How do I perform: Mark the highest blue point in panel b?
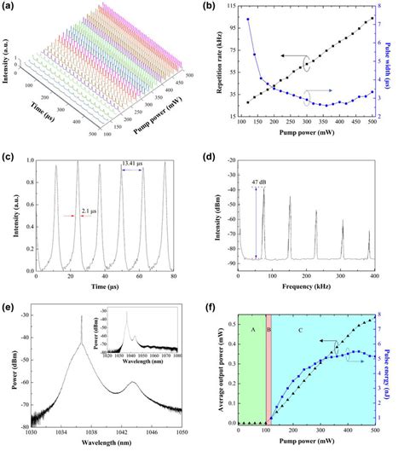coord(248,19)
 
